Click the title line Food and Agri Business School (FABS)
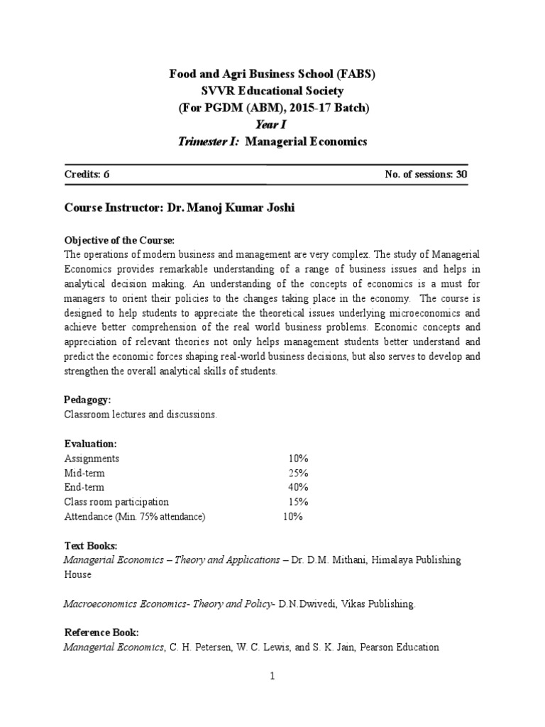[272, 74]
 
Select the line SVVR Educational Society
[272, 91]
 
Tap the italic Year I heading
[272, 125]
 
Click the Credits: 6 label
[87, 174]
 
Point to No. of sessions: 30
[424, 174]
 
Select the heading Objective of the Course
[119, 240]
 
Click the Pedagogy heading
[87, 400]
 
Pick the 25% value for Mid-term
[298, 473]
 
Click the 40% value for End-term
[298, 488]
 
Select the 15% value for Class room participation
[298, 502]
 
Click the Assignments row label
[92, 459]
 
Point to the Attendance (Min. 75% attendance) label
[135, 517]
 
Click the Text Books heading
[91, 546]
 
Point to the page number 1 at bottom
[272, 677]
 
